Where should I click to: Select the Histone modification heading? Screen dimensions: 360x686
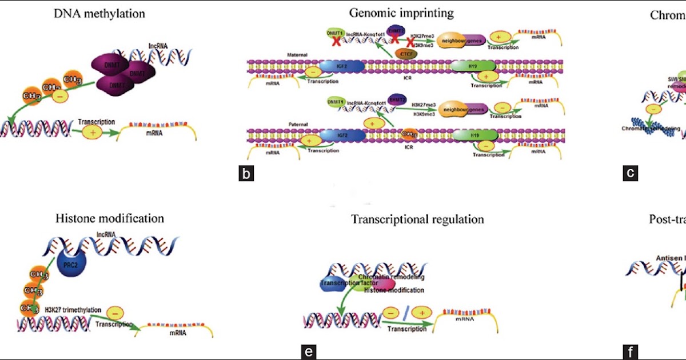pos(110,218)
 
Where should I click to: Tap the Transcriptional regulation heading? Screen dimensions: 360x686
pos(417,219)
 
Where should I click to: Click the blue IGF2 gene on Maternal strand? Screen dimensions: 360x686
pos(342,67)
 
